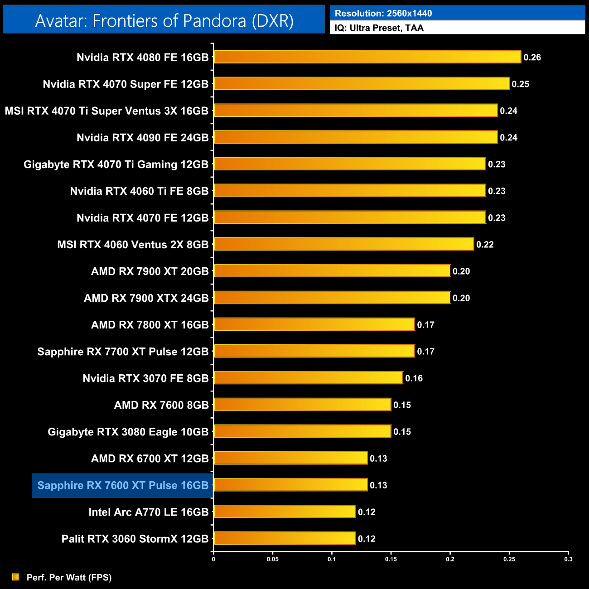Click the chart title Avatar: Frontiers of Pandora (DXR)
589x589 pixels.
[x=164, y=21]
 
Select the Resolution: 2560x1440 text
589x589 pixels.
[x=383, y=13]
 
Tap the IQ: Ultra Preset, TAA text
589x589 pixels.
[x=379, y=28]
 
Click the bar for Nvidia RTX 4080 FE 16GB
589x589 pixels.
[x=367, y=57]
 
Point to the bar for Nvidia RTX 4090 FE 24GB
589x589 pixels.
[x=355, y=137]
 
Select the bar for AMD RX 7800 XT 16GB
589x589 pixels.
[x=314, y=324]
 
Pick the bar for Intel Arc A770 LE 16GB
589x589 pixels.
[x=285, y=512]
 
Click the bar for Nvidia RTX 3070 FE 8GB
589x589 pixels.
[x=308, y=378]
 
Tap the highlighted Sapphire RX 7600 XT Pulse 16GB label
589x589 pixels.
[x=123, y=485]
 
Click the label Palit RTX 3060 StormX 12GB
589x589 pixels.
[x=135, y=539]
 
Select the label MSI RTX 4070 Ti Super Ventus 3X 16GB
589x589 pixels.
[x=106, y=111]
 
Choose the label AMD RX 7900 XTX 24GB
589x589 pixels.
[x=146, y=298]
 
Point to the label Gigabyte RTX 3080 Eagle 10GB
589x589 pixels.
[x=128, y=432]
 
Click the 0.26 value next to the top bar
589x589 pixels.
[x=532, y=58]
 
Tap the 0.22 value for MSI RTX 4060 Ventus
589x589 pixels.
[x=485, y=245]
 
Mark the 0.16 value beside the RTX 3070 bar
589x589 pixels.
[x=414, y=378]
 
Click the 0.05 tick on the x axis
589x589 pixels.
[x=273, y=559]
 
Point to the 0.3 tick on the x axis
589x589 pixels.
[x=568, y=559]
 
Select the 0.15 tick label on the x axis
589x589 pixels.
[x=391, y=559]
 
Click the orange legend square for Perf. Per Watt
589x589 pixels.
[x=16, y=577]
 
